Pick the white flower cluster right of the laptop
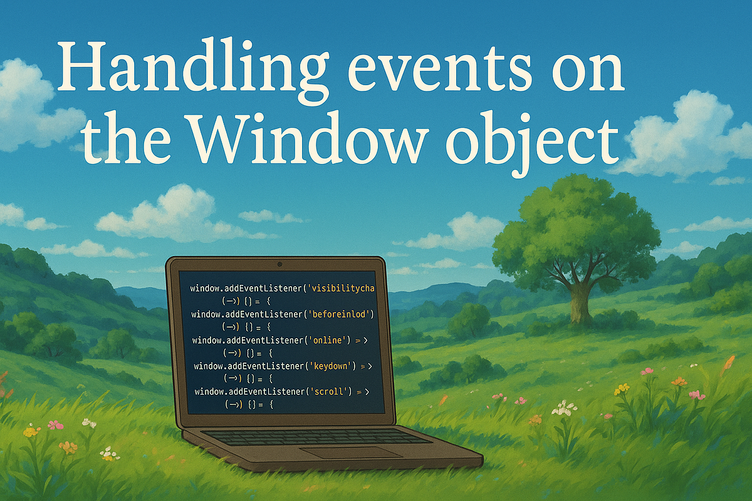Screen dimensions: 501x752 [564, 408]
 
